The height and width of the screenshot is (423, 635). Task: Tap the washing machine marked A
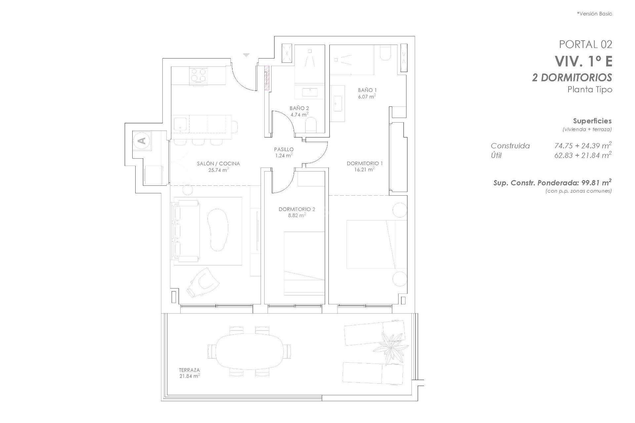point(143,141)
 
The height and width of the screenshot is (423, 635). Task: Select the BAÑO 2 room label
point(299,108)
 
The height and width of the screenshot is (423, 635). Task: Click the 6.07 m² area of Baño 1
point(367,96)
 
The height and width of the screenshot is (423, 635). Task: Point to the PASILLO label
point(283,149)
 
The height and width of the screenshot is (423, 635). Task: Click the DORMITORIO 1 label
point(364,163)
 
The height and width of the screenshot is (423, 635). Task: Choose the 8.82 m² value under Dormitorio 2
point(297,215)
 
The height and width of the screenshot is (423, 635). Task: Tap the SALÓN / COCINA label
point(218,164)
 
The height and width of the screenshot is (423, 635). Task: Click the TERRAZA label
point(190,370)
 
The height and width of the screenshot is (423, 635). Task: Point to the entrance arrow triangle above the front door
point(246,55)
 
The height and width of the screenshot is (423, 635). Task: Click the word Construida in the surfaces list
point(510,146)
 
